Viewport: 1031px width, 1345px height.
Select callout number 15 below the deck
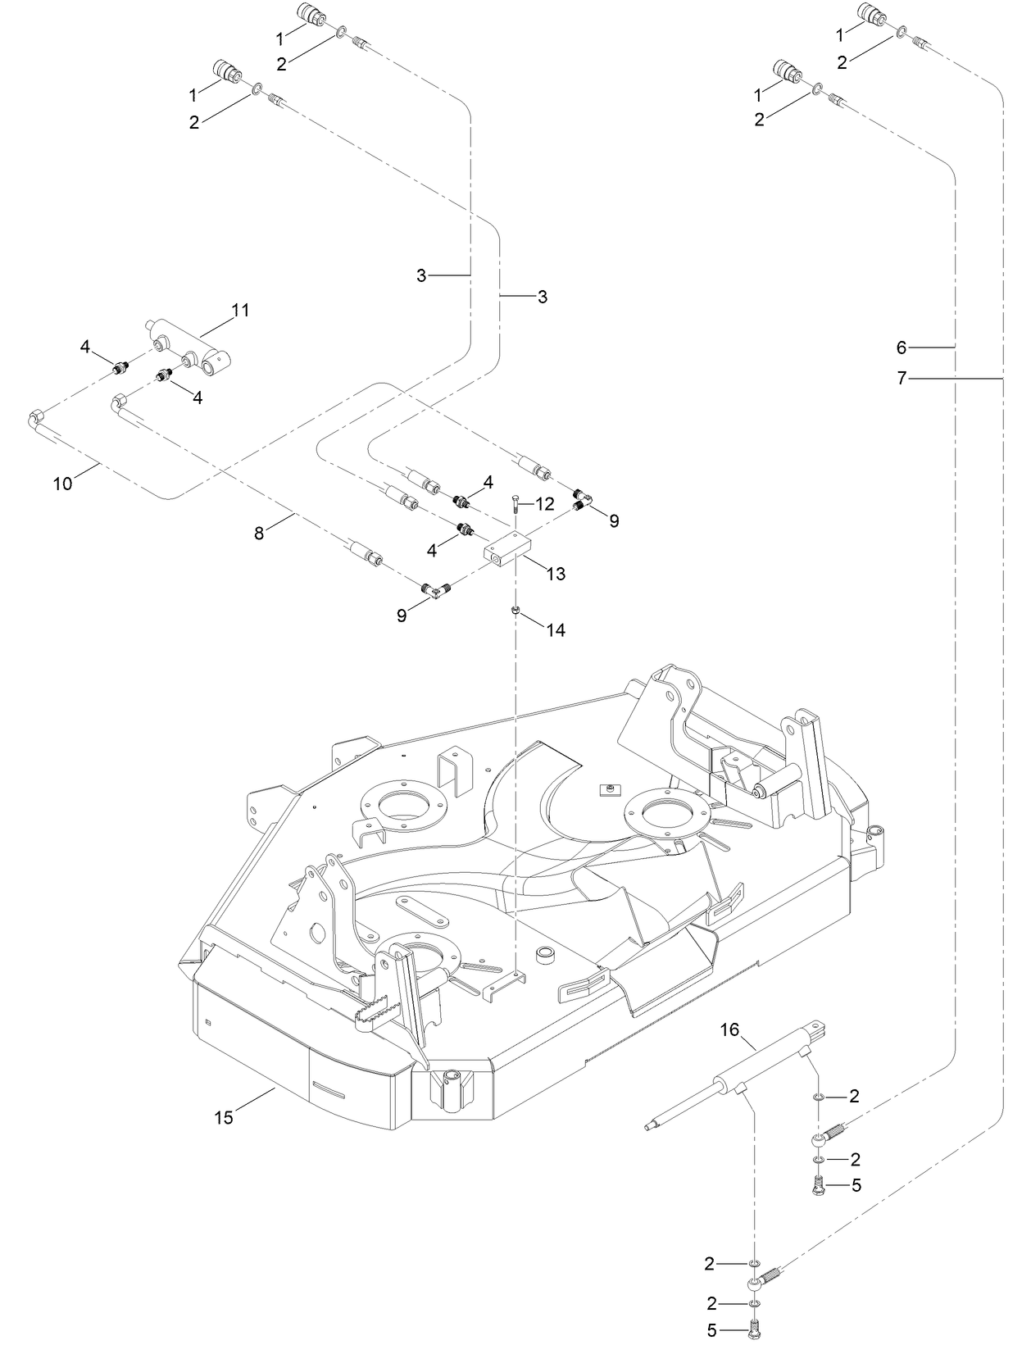[224, 1116]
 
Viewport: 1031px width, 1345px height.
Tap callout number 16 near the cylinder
[729, 1029]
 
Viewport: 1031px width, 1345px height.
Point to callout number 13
[556, 574]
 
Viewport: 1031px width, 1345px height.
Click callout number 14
[556, 630]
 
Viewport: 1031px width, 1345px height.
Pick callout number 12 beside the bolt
[545, 504]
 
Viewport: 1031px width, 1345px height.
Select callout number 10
[62, 484]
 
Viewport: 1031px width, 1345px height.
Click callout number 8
[260, 533]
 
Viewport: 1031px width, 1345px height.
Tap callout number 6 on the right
[902, 348]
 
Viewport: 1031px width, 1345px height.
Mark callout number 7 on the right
[902, 378]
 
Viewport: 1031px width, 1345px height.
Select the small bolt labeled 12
[515, 503]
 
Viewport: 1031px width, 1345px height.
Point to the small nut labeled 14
[515, 610]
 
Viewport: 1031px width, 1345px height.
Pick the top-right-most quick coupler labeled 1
[870, 14]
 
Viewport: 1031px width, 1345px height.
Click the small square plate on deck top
[608, 788]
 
